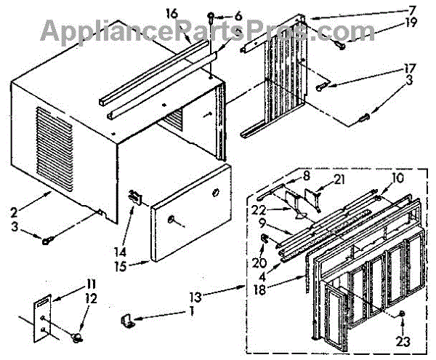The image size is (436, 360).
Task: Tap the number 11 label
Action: coord(91,282)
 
